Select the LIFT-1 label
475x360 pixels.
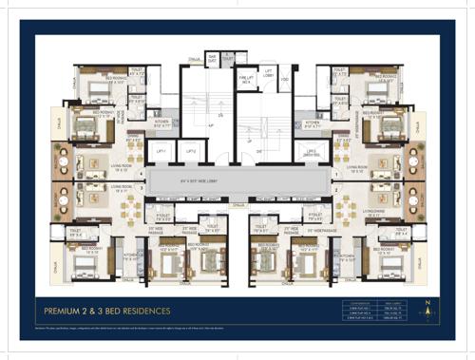click(161, 151)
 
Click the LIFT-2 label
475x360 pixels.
click(190, 151)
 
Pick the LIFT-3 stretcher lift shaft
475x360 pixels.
click(310, 152)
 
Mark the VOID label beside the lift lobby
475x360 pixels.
click(285, 80)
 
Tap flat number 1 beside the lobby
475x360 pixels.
click(335, 161)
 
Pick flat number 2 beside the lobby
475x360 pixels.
click(335, 188)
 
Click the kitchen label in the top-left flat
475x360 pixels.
click(161, 123)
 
